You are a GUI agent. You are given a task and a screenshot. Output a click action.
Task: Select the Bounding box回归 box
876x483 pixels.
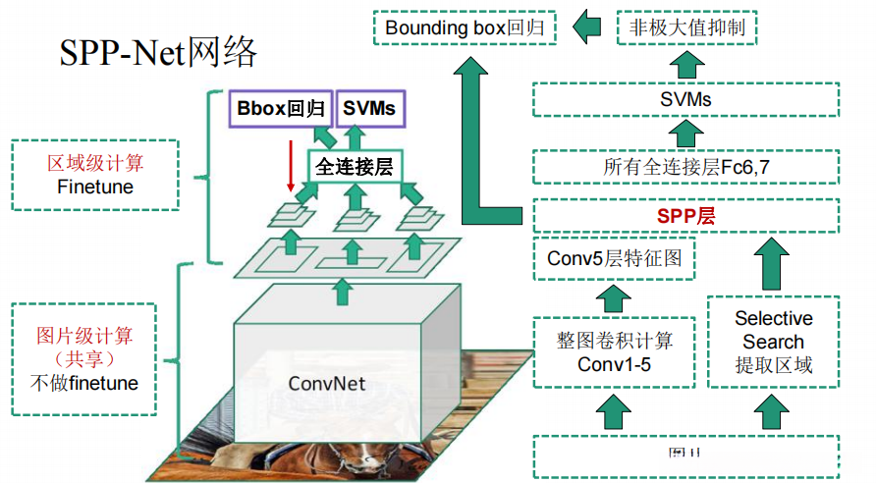click(x=465, y=27)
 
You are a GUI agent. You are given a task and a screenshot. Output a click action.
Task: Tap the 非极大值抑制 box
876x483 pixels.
click(x=686, y=27)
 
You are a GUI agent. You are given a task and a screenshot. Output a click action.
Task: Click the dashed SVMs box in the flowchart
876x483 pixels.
click(x=685, y=100)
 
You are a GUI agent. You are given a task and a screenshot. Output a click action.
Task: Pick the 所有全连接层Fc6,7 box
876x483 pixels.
click(x=685, y=167)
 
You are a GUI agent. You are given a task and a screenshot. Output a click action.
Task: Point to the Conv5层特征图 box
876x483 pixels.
click(x=615, y=259)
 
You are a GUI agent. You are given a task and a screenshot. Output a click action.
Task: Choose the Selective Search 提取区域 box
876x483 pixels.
click(x=774, y=343)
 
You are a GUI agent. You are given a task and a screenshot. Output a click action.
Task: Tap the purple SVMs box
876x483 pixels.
click(x=369, y=108)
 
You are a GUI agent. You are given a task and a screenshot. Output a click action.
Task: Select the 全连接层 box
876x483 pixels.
click(x=355, y=168)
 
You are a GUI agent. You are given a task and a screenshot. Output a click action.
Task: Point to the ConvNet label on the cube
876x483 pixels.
click(x=327, y=383)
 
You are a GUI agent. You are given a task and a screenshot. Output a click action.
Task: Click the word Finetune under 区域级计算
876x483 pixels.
click(x=95, y=186)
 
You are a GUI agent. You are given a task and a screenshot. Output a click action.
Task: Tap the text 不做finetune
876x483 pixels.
click(x=95, y=382)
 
